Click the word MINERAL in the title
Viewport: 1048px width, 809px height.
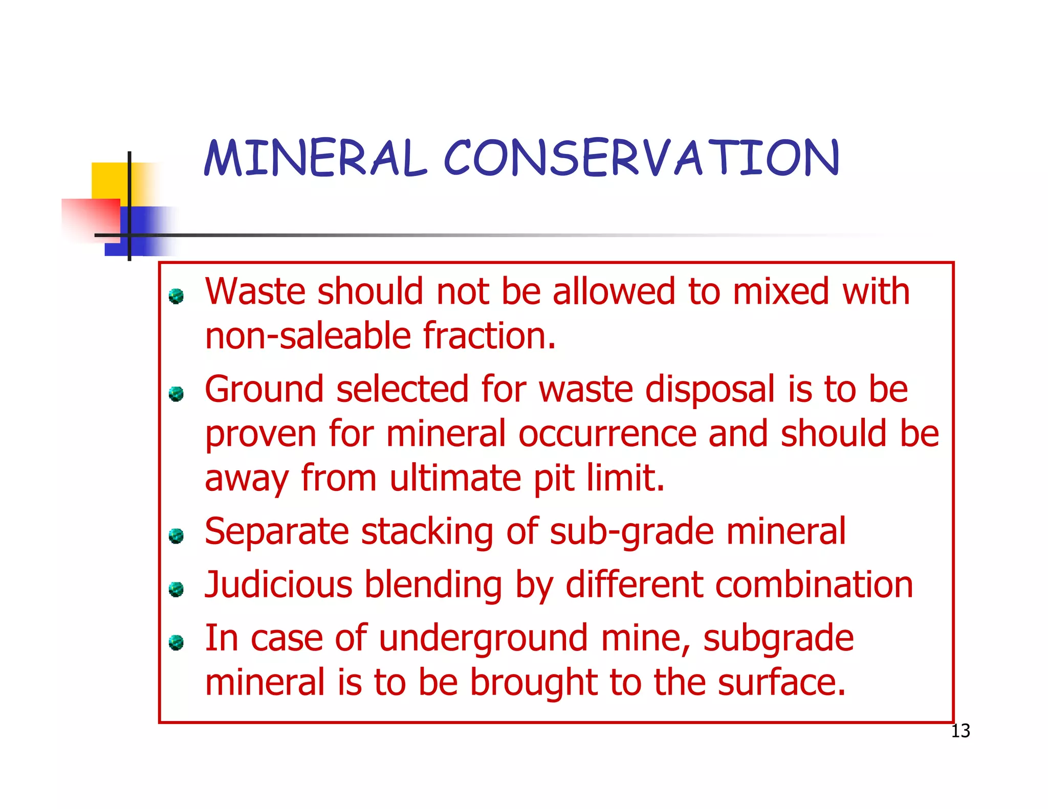pos(315,159)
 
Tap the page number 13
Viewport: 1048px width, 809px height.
pos(960,731)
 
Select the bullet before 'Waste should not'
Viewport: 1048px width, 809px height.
pos(176,296)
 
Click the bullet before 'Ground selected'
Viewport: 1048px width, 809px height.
pos(176,394)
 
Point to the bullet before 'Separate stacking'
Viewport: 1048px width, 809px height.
pos(176,536)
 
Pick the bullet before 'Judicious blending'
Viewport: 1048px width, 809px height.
pos(176,589)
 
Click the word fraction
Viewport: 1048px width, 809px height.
pos(489,336)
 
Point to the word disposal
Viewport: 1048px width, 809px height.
pos(710,390)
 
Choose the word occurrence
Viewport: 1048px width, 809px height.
pos(607,434)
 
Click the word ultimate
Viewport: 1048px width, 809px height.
pos(455,479)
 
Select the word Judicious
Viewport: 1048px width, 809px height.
pos(278,585)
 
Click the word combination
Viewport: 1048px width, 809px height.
pos(814,585)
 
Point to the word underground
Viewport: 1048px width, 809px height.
pos(483,639)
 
